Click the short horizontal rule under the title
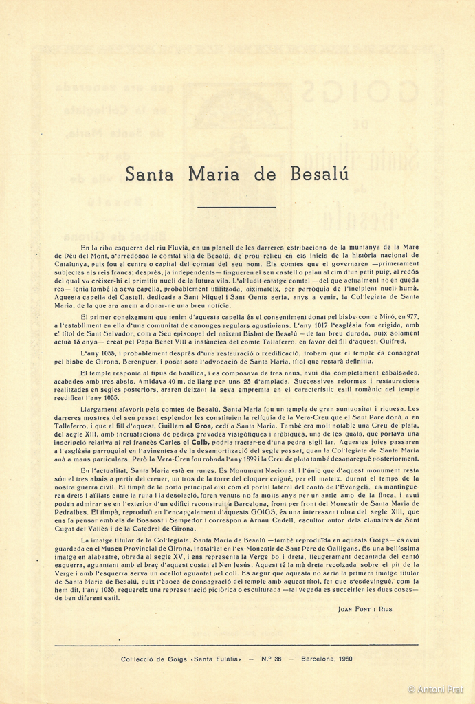pos(236,207)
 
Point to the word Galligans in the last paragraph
pos(377,551)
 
